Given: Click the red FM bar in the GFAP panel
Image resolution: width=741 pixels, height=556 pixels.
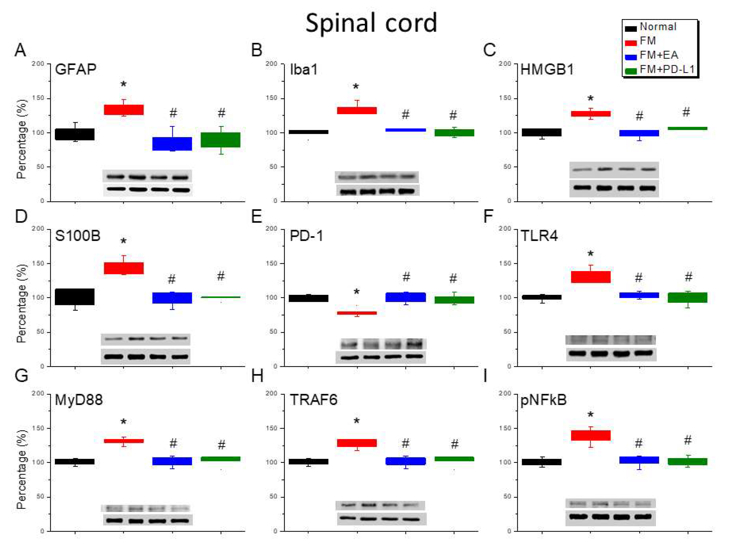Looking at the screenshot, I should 123,110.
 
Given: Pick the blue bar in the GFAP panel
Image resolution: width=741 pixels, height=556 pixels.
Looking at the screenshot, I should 172,144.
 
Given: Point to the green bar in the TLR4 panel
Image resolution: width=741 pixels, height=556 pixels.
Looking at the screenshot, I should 687,298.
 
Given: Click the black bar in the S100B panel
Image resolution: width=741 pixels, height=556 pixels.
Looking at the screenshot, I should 75,297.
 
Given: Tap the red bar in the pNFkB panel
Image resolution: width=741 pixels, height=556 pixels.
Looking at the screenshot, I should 591,435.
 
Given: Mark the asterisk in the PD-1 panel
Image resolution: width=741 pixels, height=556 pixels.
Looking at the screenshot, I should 356,292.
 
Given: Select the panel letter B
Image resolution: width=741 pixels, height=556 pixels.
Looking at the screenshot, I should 257,50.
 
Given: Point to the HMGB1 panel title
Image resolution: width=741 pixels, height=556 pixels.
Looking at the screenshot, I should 547,70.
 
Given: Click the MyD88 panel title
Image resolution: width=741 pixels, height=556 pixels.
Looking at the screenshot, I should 79,400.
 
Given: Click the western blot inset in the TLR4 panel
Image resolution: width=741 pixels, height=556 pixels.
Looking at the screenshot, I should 611,348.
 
